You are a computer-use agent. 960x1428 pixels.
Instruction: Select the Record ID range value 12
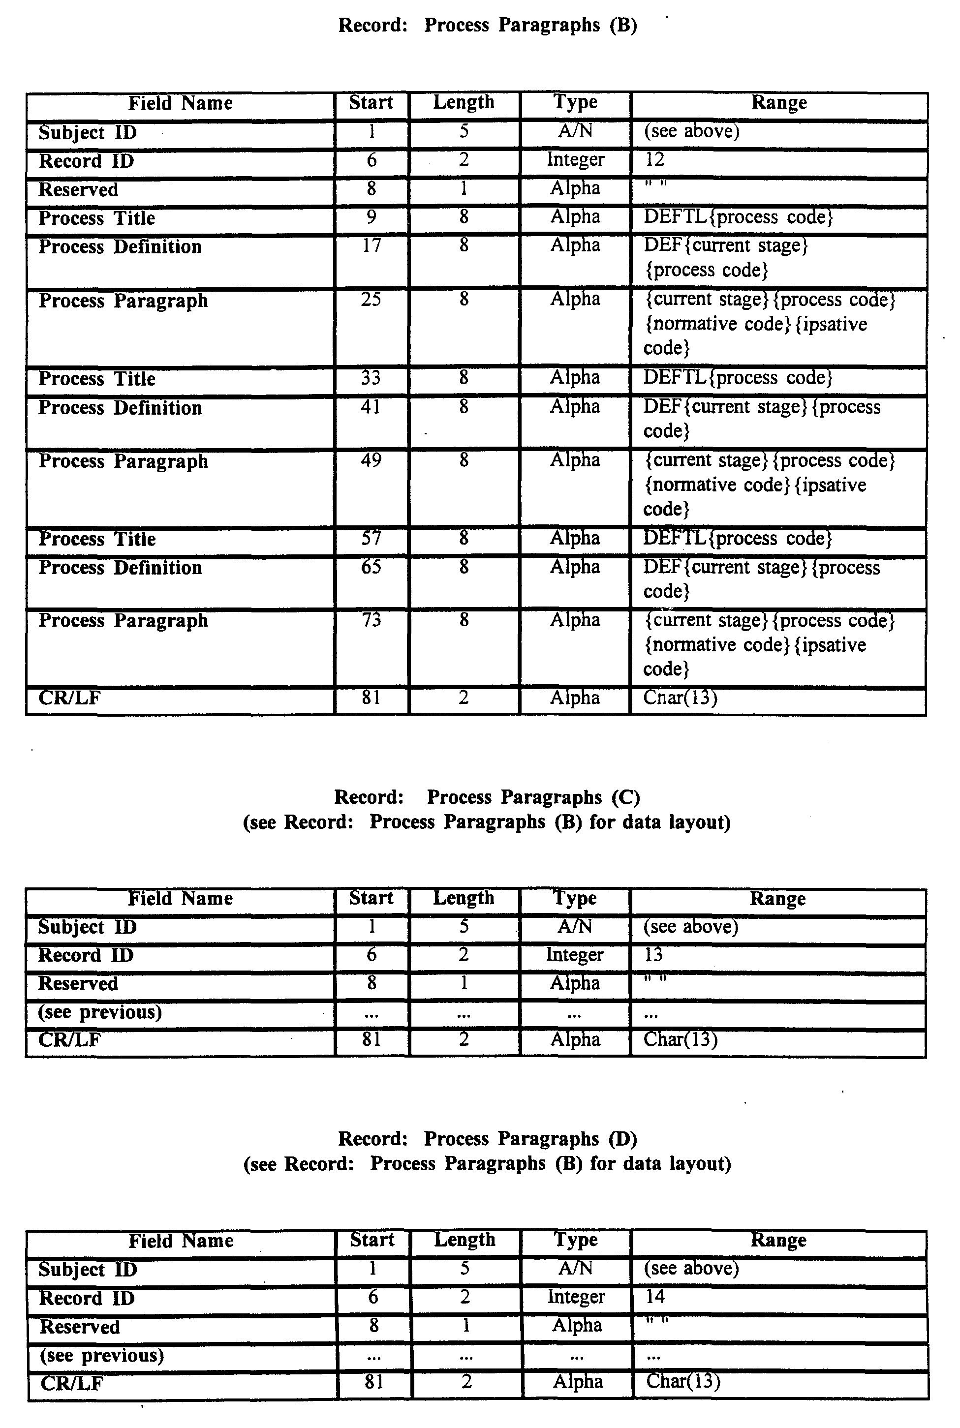coord(654,160)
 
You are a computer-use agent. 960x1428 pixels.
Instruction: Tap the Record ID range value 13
coord(653,955)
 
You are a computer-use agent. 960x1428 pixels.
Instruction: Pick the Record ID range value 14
coord(655,1296)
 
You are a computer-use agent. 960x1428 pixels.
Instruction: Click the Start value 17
coord(371,246)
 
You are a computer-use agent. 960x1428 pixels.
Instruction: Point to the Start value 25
coord(371,299)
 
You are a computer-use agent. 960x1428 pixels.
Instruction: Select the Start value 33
coord(371,378)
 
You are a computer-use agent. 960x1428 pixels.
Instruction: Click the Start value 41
coord(371,407)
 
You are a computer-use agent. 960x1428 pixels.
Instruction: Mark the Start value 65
coord(371,567)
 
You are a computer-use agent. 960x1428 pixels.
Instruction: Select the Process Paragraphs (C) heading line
coord(487,797)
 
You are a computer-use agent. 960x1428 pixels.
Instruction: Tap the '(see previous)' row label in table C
coord(100,1012)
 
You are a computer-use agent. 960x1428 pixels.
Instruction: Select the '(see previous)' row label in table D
coord(102,1355)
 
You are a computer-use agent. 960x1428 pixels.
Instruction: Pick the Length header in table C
coord(464,898)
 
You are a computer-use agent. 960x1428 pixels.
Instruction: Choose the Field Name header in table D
coord(181,1241)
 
